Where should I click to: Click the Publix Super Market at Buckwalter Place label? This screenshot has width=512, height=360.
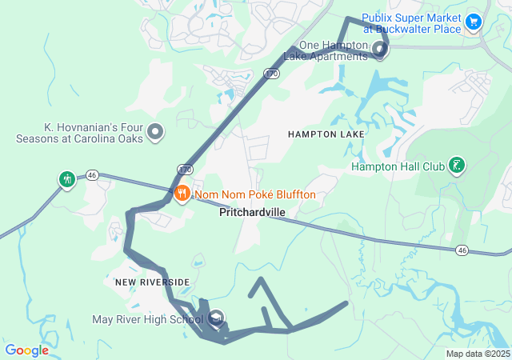[x=411, y=23]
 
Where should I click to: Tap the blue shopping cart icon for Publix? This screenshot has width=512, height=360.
[x=474, y=20]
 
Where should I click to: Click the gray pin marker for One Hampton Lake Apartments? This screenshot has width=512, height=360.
[x=379, y=50]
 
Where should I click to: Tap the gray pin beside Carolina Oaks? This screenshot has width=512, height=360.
[x=155, y=131]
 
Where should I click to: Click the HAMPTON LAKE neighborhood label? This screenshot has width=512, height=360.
[x=326, y=134]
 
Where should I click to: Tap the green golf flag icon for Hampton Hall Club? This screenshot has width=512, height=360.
[x=456, y=166]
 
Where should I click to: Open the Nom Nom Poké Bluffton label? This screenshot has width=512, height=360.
[x=254, y=194]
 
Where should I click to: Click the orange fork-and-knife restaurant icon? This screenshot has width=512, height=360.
[x=182, y=193]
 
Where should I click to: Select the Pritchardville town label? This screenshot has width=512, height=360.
[x=251, y=214]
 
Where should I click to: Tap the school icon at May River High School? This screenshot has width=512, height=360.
[x=215, y=320]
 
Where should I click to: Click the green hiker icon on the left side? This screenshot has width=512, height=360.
[x=66, y=178]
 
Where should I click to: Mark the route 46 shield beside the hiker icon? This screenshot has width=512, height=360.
[x=92, y=174]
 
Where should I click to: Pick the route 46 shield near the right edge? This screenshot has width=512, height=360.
[x=462, y=250]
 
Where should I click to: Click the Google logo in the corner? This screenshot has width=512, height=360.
[x=26, y=350]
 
